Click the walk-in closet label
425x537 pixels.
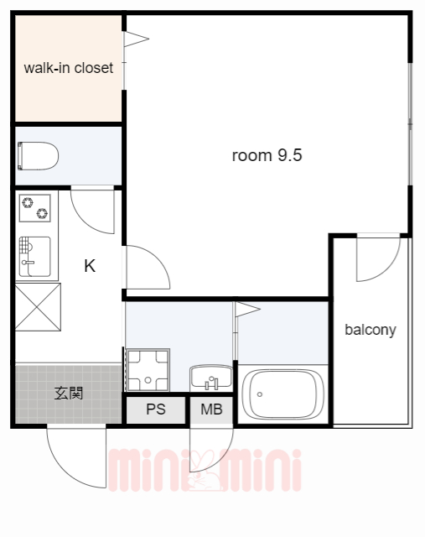coord(69,68)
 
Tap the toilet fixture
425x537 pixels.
coord(38,156)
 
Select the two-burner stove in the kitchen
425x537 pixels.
coord(35,208)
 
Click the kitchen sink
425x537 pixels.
coord(35,257)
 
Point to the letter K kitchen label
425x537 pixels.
coord(90,266)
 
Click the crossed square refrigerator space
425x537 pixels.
coord(38,307)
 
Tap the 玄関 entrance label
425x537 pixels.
coord(69,394)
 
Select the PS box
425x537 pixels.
coord(156,409)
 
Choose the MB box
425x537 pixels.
coord(211,409)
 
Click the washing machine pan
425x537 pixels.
coord(148,370)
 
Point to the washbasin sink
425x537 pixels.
coord(211,377)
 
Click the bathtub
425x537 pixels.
coord(282,394)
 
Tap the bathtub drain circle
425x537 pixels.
coord(260,394)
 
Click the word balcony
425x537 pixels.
coord(371,330)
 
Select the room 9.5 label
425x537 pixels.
coord(267,155)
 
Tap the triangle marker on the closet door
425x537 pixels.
coord(136,39)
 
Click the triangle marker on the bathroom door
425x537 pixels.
coord(247,309)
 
